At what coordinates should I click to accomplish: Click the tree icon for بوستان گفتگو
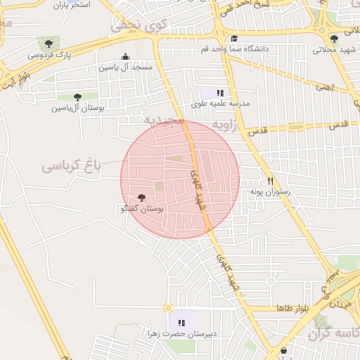[143, 198]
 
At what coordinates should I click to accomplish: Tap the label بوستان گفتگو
[143, 210]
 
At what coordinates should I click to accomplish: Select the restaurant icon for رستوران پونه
[270, 180]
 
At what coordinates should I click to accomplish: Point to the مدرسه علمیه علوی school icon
[220, 92]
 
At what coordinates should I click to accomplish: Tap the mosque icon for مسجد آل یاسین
[125, 57]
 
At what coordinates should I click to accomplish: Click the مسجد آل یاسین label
[125, 67]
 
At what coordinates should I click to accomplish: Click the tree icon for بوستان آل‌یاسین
[77, 97]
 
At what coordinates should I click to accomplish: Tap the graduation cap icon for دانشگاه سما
[234, 39]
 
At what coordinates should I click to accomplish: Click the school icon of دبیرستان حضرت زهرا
[181, 323]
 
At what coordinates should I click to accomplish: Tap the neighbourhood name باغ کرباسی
[72, 166]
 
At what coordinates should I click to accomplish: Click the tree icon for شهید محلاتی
[334, 39]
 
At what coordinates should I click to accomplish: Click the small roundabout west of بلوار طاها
[167, 308]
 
